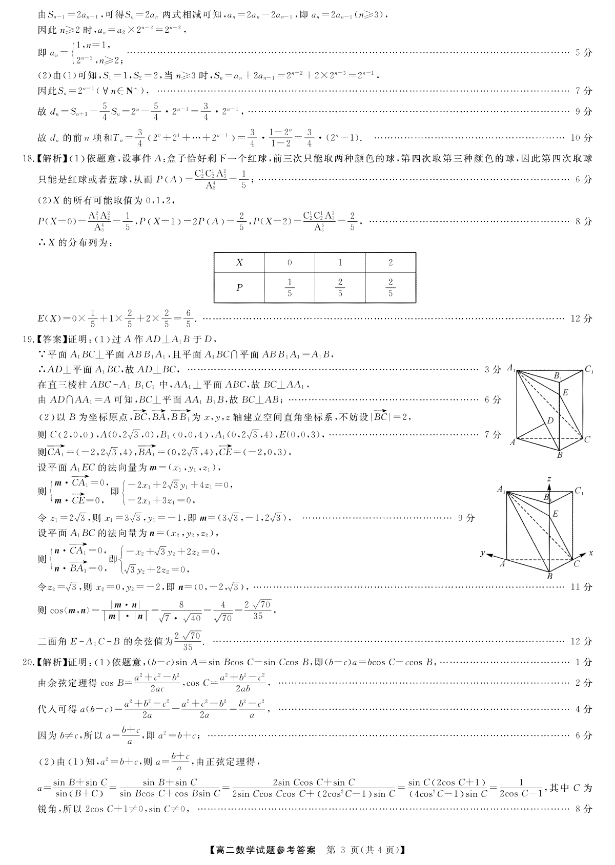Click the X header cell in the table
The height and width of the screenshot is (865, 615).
[x=239, y=263]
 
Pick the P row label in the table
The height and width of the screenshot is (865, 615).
[x=239, y=287]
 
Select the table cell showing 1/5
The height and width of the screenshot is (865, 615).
[x=290, y=287]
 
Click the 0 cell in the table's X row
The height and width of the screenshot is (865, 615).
[x=290, y=263]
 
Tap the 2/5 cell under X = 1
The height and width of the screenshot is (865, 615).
[x=340, y=287]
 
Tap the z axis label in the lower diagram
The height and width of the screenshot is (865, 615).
[x=549, y=479]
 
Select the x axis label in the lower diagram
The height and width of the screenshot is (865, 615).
[x=591, y=553]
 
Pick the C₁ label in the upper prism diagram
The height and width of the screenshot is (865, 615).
[x=589, y=369]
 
